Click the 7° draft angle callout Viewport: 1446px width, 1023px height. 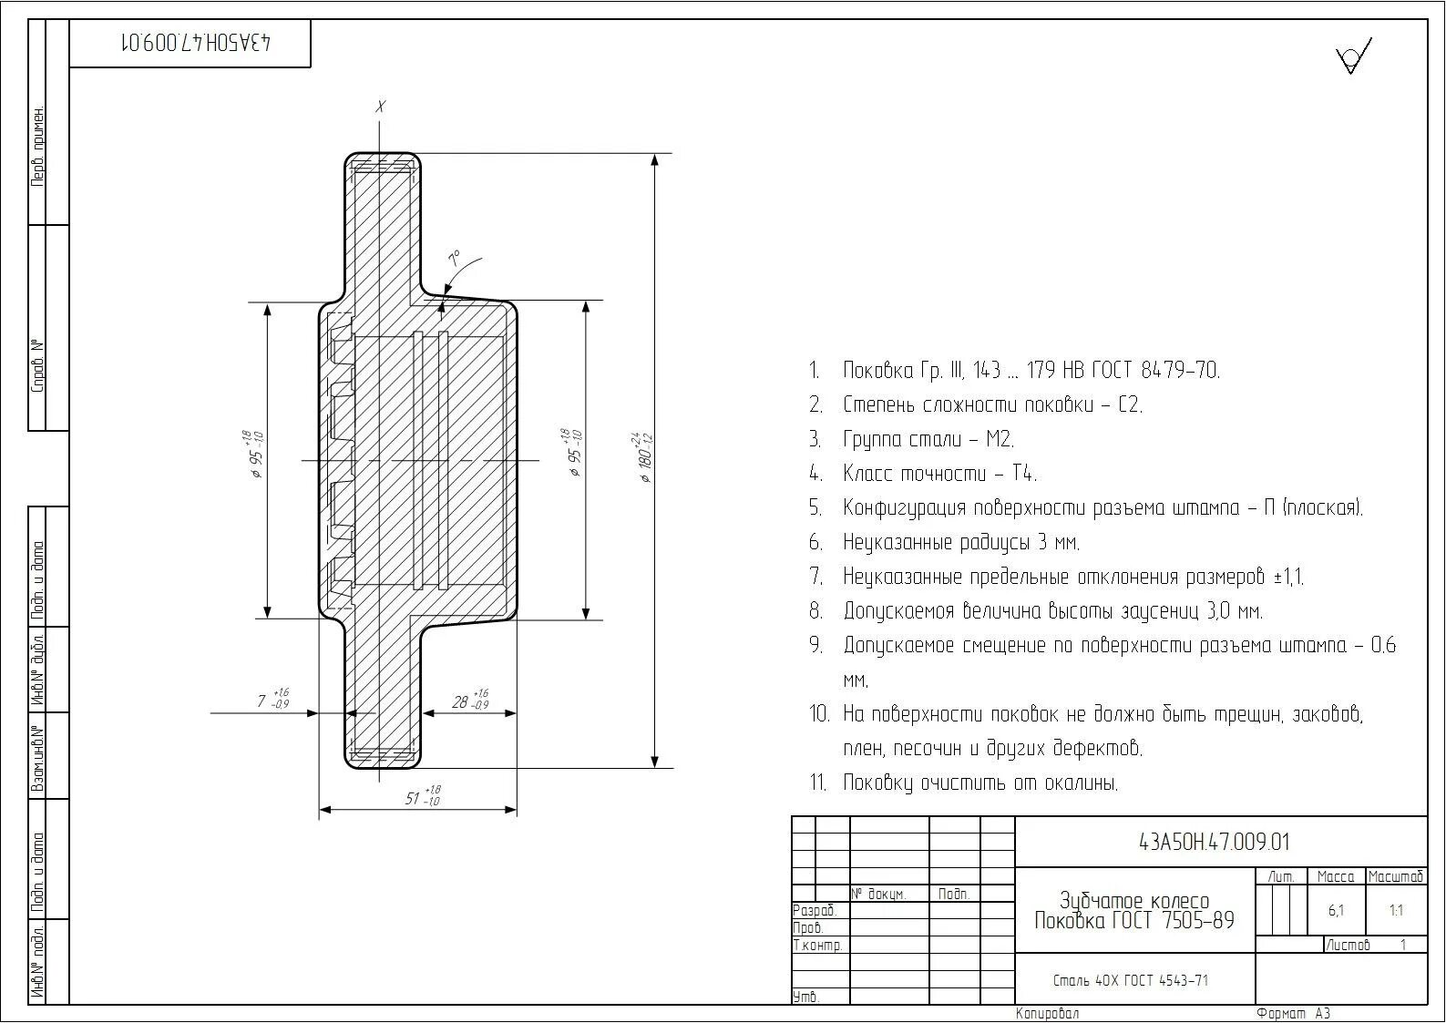click(x=454, y=257)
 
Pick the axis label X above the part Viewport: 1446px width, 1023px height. click(x=381, y=107)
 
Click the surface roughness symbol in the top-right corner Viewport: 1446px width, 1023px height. click(x=1353, y=56)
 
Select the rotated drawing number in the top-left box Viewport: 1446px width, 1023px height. click(x=195, y=43)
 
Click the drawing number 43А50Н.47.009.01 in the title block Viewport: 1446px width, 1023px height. click(x=1214, y=843)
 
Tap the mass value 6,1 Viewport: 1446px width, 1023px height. click(x=1336, y=910)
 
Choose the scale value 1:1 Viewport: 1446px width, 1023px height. click(x=1396, y=910)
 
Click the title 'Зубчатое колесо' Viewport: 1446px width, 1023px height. click(x=1134, y=901)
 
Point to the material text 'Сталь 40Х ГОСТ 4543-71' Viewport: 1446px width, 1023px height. click(x=1130, y=980)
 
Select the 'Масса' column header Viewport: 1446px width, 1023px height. click(x=1336, y=876)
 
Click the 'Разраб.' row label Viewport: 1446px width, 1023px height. click(x=815, y=910)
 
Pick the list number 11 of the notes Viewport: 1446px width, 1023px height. click(x=817, y=783)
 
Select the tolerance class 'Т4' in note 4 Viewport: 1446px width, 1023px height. click(x=1023, y=474)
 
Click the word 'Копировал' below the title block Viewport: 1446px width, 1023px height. click(x=1047, y=1013)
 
